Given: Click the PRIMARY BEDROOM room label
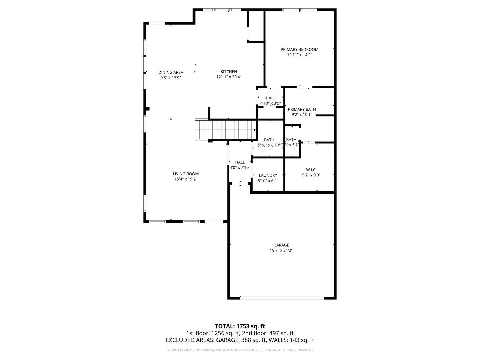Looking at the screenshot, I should (299, 49).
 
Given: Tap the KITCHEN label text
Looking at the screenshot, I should (229, 72).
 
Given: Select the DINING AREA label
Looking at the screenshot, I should (171, 72).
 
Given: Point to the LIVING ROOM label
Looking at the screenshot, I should (186, 174).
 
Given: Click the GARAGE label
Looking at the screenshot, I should (281, 245).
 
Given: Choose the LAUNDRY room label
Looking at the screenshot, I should (268, 175).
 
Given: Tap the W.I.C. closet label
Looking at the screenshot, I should (311, 170).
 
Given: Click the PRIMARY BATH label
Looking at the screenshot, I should (302, 109).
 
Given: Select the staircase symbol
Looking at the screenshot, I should (225, 129).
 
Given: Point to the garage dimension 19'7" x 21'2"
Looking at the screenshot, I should (281, 250).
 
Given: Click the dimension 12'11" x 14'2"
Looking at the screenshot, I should (299, 55).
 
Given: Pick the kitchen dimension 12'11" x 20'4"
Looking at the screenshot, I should (229, 77).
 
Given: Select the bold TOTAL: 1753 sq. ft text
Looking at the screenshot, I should (240, 326).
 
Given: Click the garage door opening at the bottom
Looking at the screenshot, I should (282, 298).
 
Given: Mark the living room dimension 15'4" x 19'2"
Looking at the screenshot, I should (186, 179).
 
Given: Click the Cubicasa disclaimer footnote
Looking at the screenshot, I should (240, 350).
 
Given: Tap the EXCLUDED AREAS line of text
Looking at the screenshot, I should (240, 340).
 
